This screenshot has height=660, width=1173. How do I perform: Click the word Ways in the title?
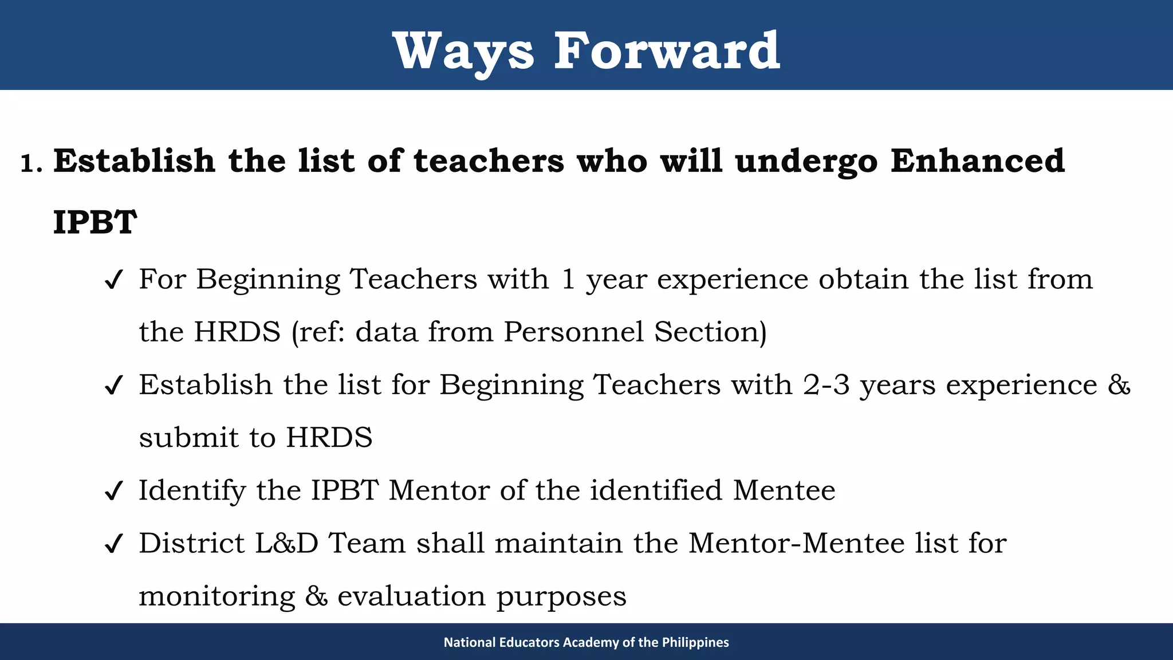[x=463, y=52]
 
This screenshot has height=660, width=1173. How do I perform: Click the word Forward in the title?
[x=666, y=52]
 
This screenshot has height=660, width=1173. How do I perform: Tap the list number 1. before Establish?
[x=31, y=164]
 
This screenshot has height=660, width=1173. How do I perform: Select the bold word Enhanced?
[x=977, y=160]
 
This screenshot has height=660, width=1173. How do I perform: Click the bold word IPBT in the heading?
[x=95, y=222]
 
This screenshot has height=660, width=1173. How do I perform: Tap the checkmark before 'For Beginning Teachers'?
[x=113, y=280]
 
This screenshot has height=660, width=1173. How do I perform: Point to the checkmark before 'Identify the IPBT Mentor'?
[x=113, y=491]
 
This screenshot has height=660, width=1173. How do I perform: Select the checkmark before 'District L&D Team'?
[x=113, y=544]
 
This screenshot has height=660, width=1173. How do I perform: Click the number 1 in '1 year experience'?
[x=568, y=280]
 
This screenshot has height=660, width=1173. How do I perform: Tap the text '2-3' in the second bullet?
[x=826, y=384]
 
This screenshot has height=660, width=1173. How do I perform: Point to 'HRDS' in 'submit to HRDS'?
[x=329, y=438]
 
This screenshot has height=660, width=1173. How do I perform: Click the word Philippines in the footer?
[x=695, y=642]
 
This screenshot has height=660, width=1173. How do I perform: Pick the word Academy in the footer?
[x=590, y=642]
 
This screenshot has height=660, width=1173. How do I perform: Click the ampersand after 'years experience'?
[x=1119, y=384]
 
